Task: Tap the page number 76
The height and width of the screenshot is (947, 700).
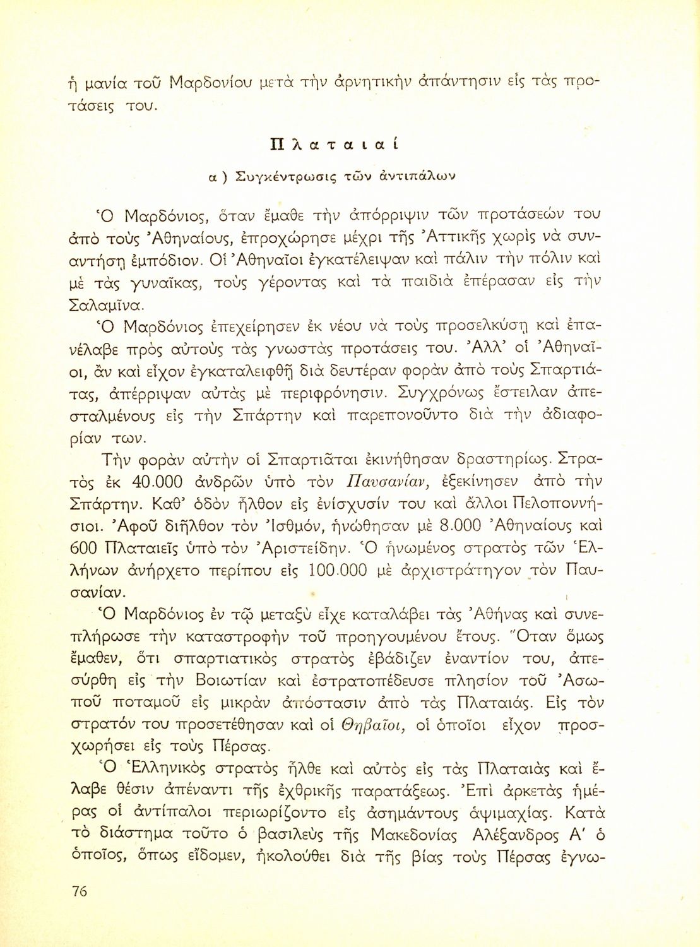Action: (x=80, y=891)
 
